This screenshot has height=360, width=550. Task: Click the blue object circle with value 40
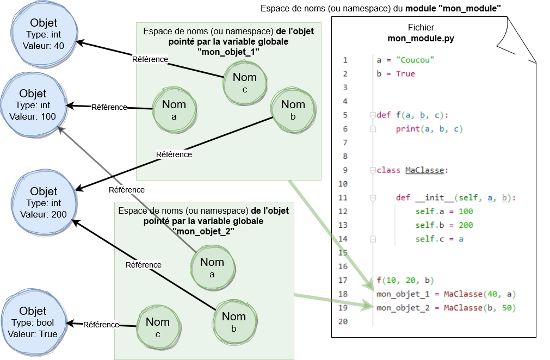pyautogui.click(x=44, y=34)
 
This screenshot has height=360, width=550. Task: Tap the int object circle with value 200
pyautogui.click(x=44, y=202)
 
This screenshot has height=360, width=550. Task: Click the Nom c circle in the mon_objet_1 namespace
pyautogui.click(x=244, y=82)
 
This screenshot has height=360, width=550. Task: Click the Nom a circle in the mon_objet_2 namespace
pyautogui.click(x=212, y=267)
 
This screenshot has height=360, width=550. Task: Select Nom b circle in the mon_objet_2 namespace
pyautogui.click(x=234, y=321)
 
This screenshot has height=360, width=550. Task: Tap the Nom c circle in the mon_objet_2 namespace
pyautogui.click(x=158, y=327)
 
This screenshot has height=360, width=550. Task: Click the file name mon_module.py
pyautogui.click(x=421, y=39)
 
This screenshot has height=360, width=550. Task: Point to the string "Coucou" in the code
pyautogui.click(x=415, y=60)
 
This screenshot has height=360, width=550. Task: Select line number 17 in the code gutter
pyautogui.click(x=343, y=281)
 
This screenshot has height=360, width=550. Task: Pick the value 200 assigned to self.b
pyautogui.click(x=465, y=225)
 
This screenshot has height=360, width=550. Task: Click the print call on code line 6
pyautogui.click(x=407, y=129)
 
